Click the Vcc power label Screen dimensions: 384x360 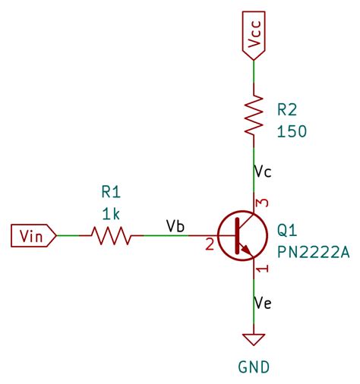coord(254,36)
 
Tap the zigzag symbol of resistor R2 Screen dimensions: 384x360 coord(254,115)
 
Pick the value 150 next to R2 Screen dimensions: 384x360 coord(292,131)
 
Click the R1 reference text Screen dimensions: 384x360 coord(111,192)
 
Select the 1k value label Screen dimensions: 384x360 coord(111,213)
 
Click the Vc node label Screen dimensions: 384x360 coord(263,172)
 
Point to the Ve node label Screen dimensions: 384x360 coord(263,304)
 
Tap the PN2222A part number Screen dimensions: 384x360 coord(313,252)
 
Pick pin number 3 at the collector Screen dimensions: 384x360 coord(263,203)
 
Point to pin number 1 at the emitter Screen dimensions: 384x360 coord(263,269)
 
